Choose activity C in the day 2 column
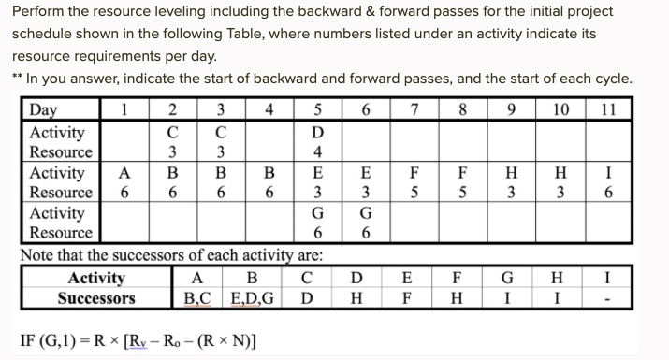click(171, 133)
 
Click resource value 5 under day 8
click(462, 193)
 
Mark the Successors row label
click(96, 298)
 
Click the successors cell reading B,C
click(196, 298)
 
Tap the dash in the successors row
click(609, 299)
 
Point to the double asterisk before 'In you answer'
click(17, 78)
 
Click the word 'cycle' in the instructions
click(608, 78)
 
